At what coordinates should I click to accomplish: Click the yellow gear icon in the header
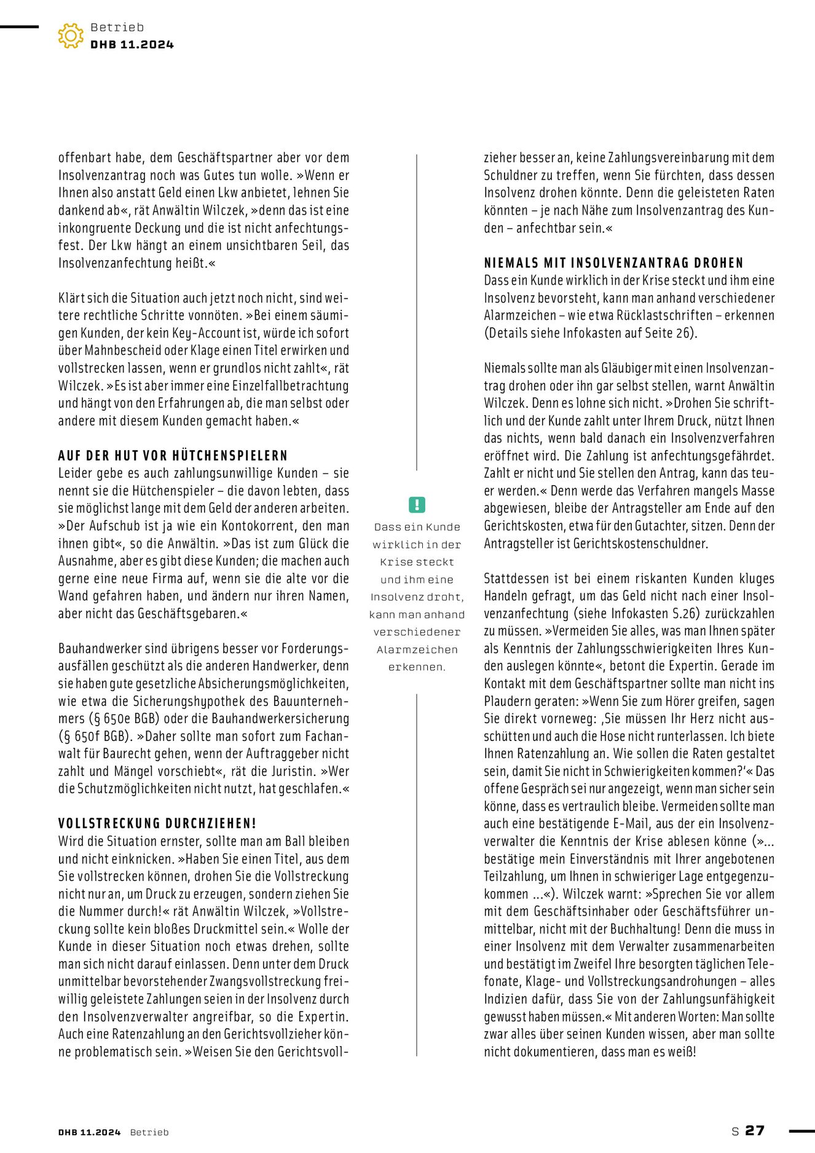[71, 36]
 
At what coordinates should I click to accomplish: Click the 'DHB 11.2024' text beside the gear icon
[132, 45]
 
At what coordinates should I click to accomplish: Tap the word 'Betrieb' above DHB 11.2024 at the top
[117, 28]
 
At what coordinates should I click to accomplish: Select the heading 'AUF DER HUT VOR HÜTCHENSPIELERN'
[173, 456]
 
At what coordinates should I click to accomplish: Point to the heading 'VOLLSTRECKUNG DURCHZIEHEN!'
[157, 823]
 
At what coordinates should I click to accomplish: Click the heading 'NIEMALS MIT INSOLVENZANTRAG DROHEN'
[613, 263]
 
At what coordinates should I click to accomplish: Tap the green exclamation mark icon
[417, 505]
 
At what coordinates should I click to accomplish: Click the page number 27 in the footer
[754, 1130]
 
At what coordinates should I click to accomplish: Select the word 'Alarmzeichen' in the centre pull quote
[417, 649]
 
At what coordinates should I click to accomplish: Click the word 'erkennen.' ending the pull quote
[417, 667]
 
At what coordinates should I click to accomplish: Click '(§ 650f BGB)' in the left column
[95, 736]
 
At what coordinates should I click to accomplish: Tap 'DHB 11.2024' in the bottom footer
[90, 1132]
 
